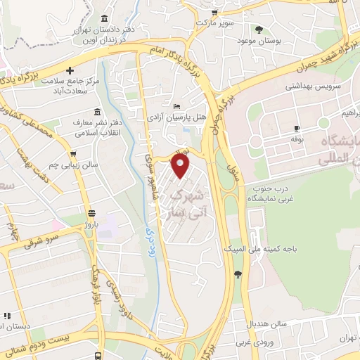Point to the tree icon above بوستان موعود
tap(259, 30)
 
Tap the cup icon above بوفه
tap(297, 128)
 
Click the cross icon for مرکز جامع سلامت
tap(70, 70)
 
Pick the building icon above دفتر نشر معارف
tap(98, 112)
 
